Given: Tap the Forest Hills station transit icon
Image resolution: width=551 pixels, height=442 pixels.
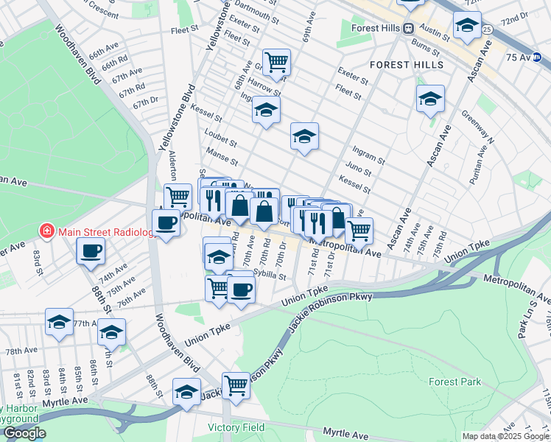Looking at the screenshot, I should (407, 29).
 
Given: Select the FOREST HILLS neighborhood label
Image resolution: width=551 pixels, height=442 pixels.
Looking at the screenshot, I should (407, 65).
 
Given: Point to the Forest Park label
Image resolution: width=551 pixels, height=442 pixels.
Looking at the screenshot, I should (455, 382).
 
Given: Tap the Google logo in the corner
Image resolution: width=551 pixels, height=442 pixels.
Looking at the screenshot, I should (24, 433).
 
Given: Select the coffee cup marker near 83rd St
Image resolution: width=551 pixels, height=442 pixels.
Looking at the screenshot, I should (91, 250).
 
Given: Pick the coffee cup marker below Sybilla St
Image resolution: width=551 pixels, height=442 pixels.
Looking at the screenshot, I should (240, 289).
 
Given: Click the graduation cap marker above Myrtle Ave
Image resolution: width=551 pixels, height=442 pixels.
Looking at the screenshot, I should (186, 390).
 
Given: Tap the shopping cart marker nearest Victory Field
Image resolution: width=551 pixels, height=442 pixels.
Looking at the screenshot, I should (236, 384).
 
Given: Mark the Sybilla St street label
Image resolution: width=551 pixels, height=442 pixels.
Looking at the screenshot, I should (269, 275).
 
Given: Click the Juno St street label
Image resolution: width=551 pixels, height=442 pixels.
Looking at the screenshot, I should (358, 170).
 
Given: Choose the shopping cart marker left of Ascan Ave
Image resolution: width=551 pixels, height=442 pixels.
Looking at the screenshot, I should (359, 230).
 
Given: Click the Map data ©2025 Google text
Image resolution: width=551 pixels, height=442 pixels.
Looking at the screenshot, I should (505, 436).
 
